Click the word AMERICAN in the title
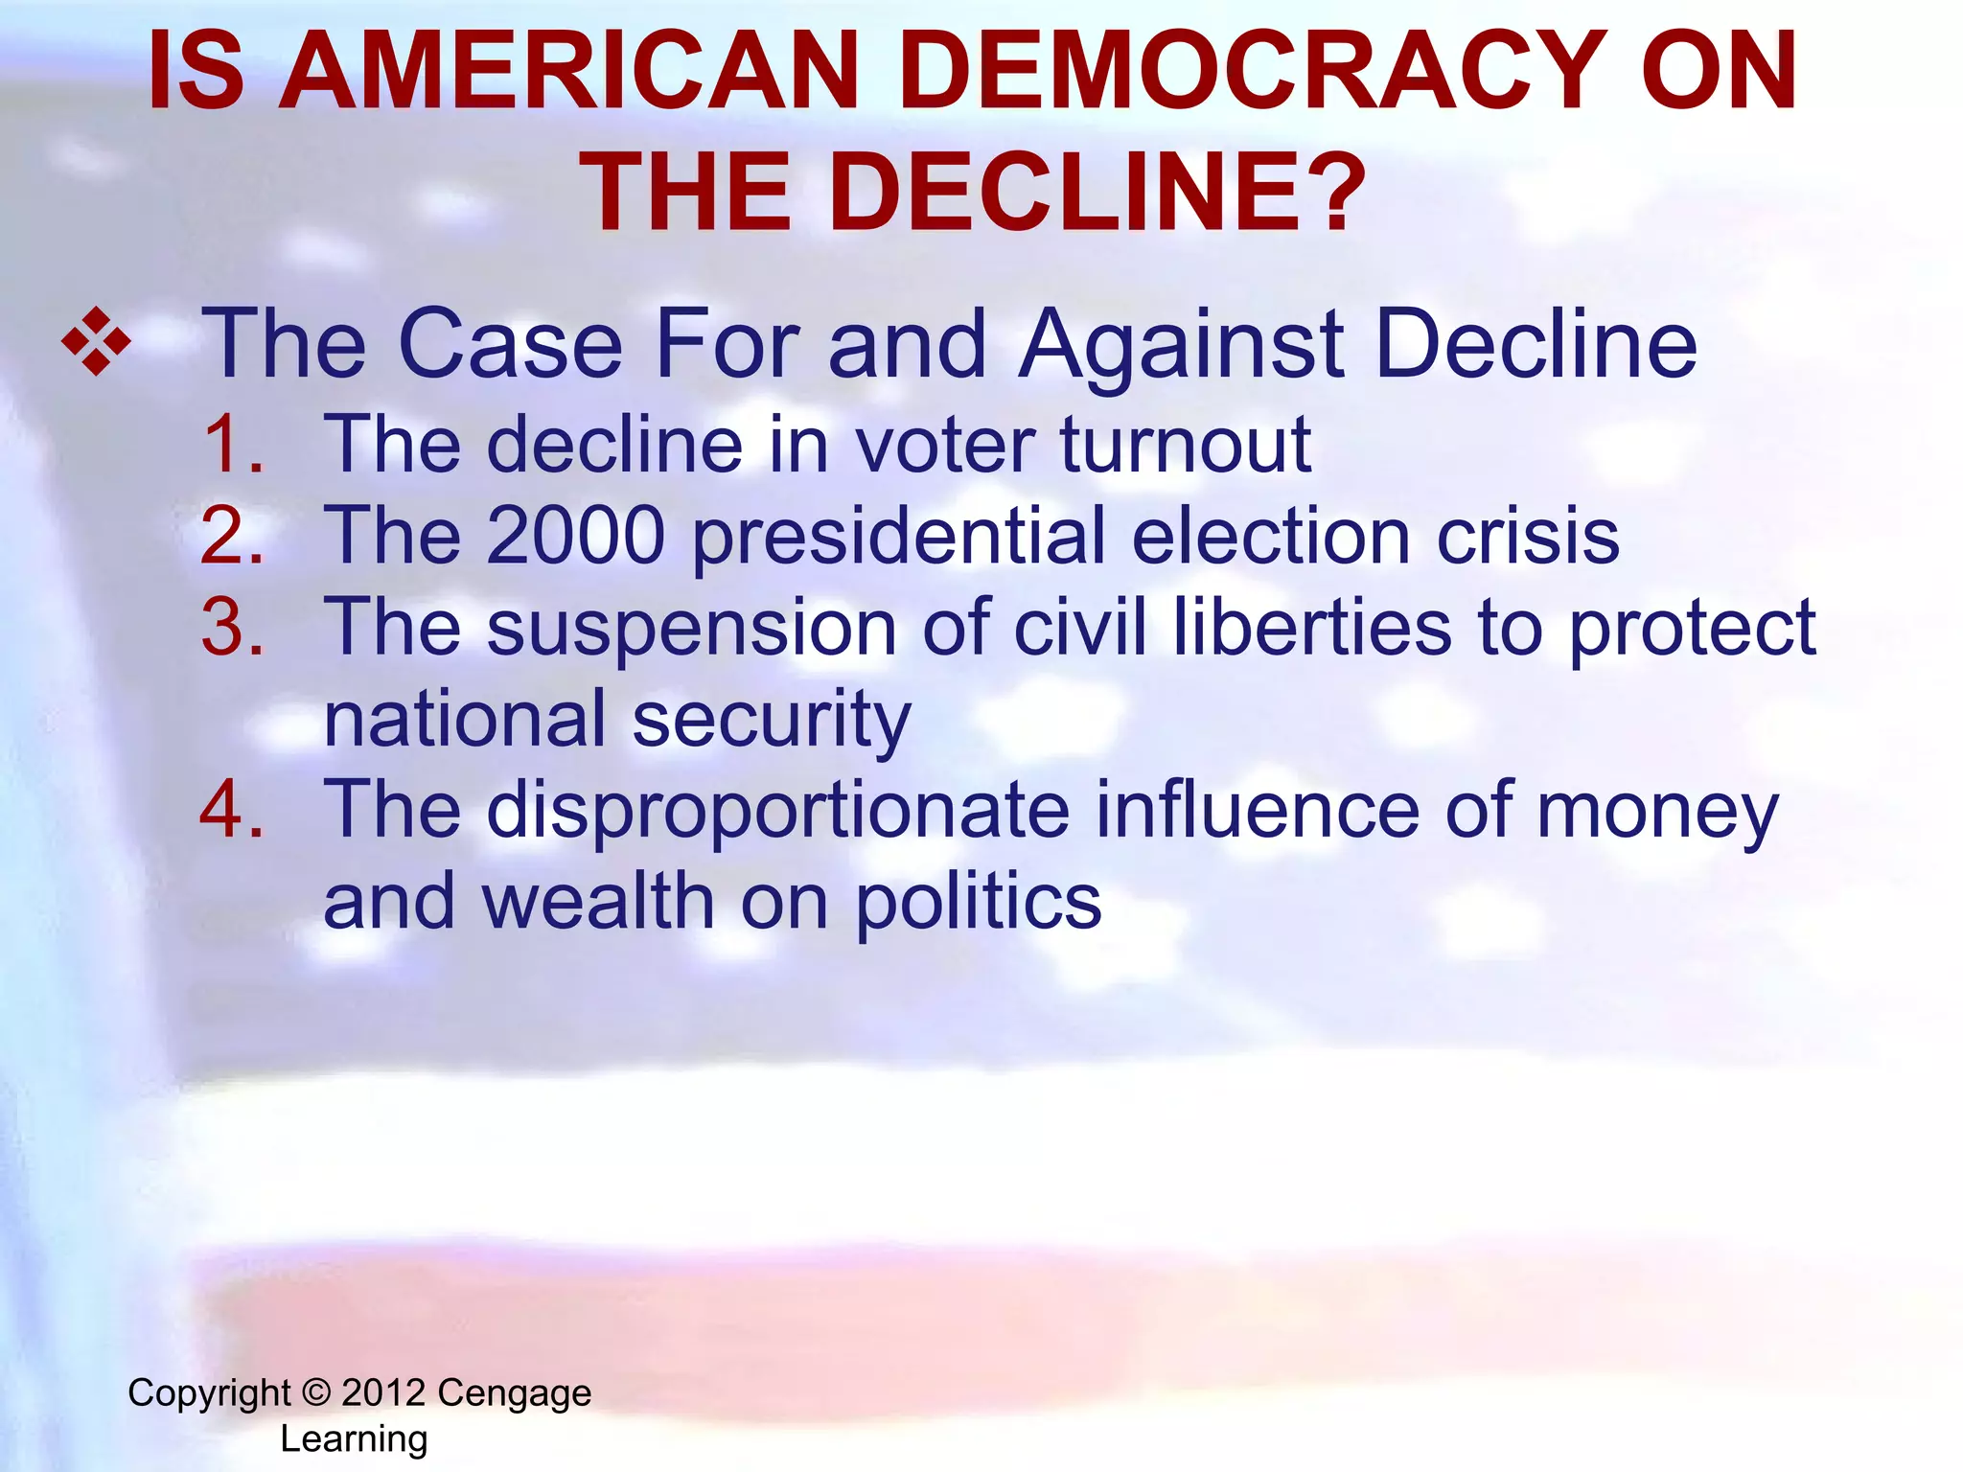tap(569, 71)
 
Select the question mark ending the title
tap(1331, 193)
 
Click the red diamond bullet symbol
tap(96, 341)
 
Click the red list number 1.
tap(231, 445)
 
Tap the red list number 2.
tap(231, 535)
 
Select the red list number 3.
tap(231, 627)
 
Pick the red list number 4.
tap(231, 810)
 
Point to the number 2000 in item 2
tap(575, 535)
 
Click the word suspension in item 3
tap(691, 629)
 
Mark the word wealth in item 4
tap(598, 902)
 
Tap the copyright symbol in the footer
tap(315, 1392)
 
